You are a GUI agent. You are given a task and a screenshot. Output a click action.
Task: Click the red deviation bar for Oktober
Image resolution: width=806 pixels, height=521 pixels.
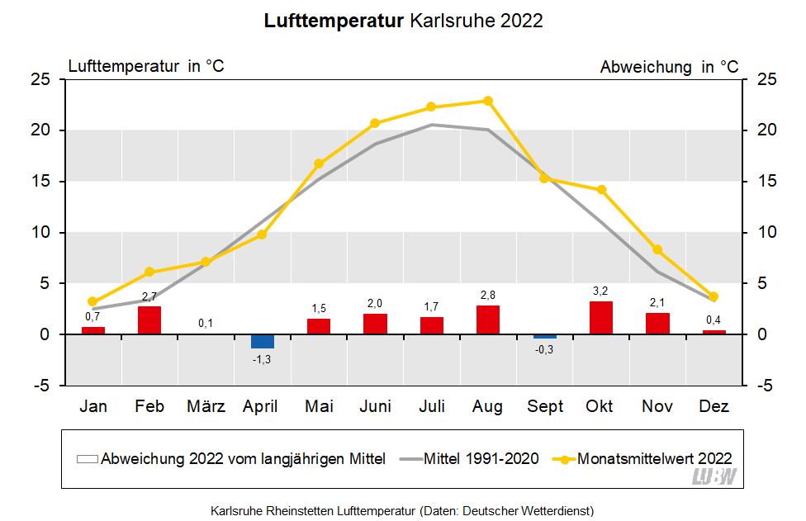[x=601, y=318]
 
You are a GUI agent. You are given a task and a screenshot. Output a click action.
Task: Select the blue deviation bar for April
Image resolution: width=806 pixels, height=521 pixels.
[x=263, y=341]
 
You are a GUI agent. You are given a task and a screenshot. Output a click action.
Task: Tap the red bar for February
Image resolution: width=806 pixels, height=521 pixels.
[x=149, y=320]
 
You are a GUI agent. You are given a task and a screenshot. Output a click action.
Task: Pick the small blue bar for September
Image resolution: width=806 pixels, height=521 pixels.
[x=545, y=336]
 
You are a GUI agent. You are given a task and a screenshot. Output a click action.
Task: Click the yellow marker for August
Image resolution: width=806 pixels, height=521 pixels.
[x=488, y=101]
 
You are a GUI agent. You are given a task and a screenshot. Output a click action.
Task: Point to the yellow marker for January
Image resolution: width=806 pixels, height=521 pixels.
[x=92, y=302]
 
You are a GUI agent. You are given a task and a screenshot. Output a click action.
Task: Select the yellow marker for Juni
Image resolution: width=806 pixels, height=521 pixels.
[x=375, y=123]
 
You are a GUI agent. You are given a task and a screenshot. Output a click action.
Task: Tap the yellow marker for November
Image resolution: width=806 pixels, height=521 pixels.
[x=657, y=249]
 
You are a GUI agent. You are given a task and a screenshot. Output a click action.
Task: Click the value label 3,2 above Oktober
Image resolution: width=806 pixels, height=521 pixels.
[x=601, y=291]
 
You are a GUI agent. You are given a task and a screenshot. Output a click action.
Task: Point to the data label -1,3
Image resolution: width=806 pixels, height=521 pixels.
[x=262, y=358]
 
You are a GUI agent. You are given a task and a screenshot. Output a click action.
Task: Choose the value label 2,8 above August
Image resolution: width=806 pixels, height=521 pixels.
[x=488, y=296]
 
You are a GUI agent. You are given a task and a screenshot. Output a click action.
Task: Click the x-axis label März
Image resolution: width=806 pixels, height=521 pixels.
[x=206, y=406]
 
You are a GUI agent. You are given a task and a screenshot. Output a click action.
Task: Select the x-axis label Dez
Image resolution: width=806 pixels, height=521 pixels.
[x=714, y=406]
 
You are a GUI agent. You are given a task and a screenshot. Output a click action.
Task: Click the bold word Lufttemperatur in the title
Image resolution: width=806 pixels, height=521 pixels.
[x=334, y=21]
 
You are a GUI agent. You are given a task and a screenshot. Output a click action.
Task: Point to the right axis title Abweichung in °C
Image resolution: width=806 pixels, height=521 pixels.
[x=669, y=67]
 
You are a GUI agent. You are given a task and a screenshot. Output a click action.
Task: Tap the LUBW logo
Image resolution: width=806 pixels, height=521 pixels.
[x=714, y=476]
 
